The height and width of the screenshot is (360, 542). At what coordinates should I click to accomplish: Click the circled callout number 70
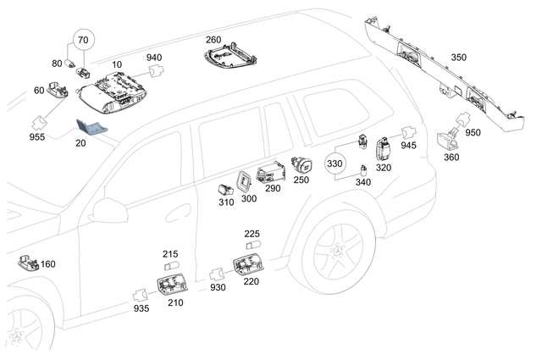tap(82, 40)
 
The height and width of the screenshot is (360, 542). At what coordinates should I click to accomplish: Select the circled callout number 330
tap(336, 163)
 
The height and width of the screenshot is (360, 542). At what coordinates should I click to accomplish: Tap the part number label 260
tap(213, 40)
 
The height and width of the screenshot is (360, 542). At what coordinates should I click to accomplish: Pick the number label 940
tap(154, 58)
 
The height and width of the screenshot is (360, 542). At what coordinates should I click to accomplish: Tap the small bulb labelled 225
tap(252, 246)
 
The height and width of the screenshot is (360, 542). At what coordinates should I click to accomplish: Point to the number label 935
tap(141, 308)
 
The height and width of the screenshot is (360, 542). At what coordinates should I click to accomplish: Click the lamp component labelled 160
tap(27, 263)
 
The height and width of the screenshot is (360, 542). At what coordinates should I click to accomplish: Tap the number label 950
tap(473, 133)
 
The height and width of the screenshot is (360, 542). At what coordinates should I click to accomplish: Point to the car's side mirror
tap(108, 211)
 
